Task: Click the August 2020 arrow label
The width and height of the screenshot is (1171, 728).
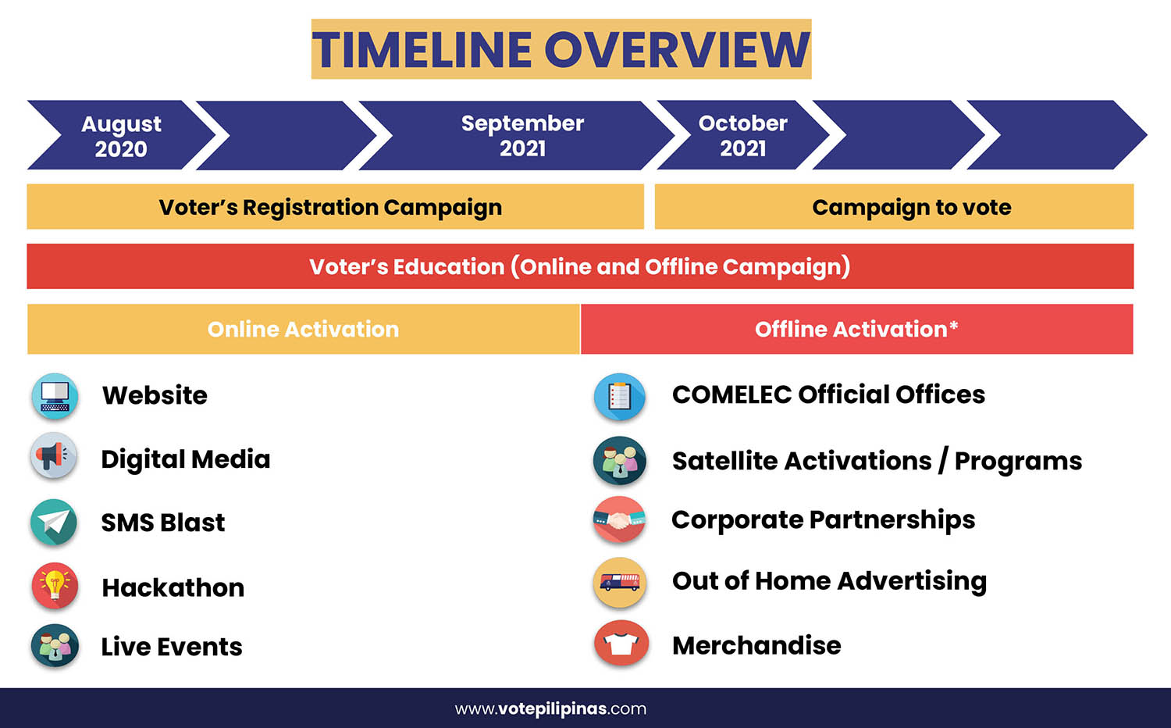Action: coord(121,136)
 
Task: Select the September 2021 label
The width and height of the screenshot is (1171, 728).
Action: coord(522,135)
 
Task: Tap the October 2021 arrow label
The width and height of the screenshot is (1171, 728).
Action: coord(743,135)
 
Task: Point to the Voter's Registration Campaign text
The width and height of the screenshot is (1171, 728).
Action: coord(330,207)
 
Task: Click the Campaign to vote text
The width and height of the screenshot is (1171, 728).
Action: coord(912,207)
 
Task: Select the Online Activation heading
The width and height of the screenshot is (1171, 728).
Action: coord(303,330)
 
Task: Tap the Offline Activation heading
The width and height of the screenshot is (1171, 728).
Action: coord(856,330)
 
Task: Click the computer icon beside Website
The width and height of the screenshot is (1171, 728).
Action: coord(55,397)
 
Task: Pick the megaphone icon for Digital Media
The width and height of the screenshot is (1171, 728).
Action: coord(54,456)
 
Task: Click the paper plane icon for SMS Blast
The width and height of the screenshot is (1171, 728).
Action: coord(54,522)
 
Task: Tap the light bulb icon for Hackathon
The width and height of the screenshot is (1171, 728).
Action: coord(55,586)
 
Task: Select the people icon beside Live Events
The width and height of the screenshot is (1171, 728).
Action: coord(55,645)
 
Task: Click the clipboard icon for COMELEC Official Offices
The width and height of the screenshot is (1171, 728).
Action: coord(620,397)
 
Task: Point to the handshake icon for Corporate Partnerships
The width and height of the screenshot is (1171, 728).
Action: coord(620,520)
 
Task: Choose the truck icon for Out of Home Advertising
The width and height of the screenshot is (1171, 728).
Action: coord(620,582)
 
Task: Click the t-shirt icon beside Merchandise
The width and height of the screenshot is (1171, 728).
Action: coord(621,643)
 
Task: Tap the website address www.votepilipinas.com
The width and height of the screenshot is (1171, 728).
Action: coord(550,709)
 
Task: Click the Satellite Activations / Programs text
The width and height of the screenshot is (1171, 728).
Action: coord(877,462)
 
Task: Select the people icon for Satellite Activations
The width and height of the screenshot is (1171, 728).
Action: coord(620,460)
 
